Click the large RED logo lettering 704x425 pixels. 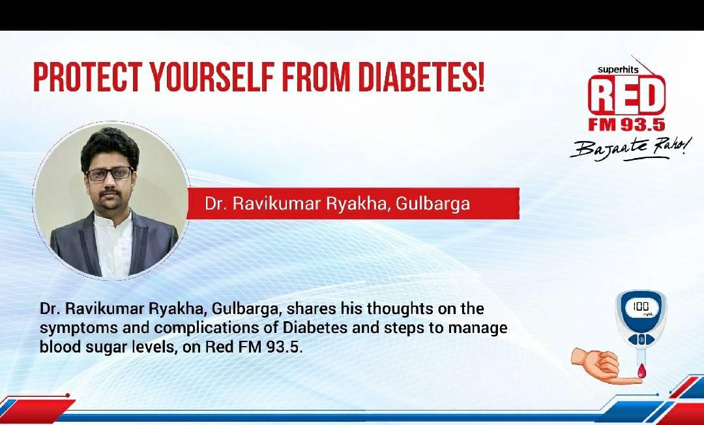[627, 96]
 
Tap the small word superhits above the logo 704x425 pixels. [618, 70]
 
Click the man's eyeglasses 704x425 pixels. [110, 174]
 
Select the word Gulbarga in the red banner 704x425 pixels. [433, 204]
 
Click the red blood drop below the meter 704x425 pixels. [641, 371]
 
